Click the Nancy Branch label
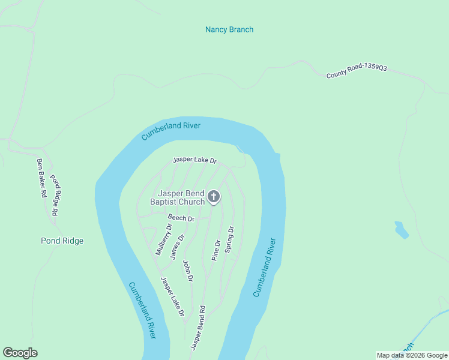click(x=229, y=29)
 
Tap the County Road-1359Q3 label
click(x=357, y=72)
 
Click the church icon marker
click(x=214, y=196)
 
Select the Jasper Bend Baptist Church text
click(x=181, y=197)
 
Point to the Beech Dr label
click(x=181, y=218)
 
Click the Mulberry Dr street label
click(x=163, y=239)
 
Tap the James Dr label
click(x=177, y=246)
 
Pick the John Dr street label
click(x=188, y=271)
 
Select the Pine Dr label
click(x=217, y=250)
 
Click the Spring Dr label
click(x=229, y=239)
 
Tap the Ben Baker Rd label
click(x=41, y=178)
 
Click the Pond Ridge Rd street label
click(x=55, y=195)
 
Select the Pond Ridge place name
click(x=62, y=241)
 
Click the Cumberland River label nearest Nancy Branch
click(x=171, y=131)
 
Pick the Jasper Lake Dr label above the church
click(x=194, y=160)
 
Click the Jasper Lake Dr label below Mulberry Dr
click(x=172, y=296)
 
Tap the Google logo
click(x=20, y=353)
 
